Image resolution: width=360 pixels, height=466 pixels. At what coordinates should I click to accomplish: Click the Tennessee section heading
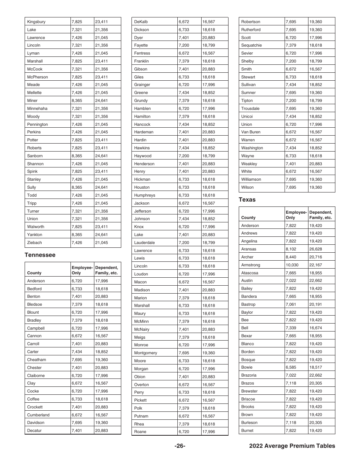point(40,255)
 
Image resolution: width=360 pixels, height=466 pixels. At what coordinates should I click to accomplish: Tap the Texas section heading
point(247,200)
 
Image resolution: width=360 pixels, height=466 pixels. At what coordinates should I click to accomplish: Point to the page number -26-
point(180,446)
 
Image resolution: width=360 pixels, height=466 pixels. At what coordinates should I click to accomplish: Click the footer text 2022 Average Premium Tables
point(292,446)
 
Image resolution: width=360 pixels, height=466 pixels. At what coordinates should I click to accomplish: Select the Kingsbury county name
point(36,22)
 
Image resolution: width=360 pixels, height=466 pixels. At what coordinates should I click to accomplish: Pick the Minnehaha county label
point(37,108)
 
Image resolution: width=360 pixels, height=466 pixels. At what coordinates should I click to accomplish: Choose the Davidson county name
point(36,422)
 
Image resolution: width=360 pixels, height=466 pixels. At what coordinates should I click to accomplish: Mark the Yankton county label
point(34,235)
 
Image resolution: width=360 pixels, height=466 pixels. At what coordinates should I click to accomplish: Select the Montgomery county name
point(146,353)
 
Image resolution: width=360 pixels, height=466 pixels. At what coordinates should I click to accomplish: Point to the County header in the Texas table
point(248,218)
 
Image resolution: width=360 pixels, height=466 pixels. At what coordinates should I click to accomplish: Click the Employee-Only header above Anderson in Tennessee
point(82,270)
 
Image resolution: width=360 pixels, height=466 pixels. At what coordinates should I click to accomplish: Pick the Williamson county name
point(251,179)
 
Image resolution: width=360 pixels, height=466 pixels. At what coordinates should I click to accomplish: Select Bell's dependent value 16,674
point(315,328)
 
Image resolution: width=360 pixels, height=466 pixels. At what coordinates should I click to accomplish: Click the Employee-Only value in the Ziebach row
point(77,242)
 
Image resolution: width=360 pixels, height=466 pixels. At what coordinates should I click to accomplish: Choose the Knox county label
point(139,227)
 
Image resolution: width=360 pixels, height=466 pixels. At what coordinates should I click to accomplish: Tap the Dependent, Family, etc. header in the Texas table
point(321,215)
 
